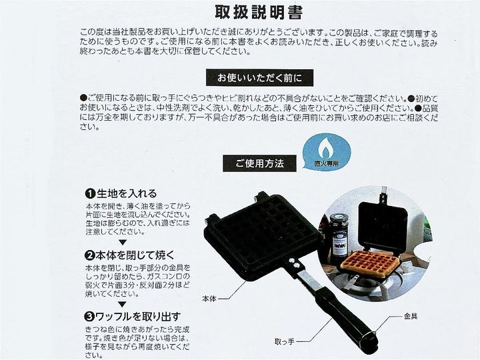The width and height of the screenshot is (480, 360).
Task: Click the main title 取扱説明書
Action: [259, 13]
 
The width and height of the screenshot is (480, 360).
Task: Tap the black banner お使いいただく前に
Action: [259, 78]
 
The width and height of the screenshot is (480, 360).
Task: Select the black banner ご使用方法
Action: [259, 163]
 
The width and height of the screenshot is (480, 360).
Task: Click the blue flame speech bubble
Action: [326, 151]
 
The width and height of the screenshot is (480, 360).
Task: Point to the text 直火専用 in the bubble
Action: [327, 163]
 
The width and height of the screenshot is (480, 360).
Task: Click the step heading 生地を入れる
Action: [127, 193]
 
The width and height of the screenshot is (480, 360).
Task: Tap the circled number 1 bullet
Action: [90, 194]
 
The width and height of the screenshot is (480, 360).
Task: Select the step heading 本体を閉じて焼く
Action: [135, 255]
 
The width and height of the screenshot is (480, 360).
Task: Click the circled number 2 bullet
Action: [90, 255]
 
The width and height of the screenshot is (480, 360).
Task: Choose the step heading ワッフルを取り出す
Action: [138, 317]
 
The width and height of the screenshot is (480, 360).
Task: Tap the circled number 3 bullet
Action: [90, 317]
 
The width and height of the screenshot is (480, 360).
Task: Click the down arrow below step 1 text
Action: [123, 243]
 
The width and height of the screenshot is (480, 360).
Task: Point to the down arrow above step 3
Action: [123, 304]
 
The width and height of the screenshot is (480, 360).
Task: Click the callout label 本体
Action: [209, 299]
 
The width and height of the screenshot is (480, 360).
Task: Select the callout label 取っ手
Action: [285, 341]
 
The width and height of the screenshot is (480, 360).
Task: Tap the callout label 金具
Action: [411, 316]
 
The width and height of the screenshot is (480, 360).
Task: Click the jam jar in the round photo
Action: [338, 237]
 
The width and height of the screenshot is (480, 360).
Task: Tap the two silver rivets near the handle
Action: [293, 263]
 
